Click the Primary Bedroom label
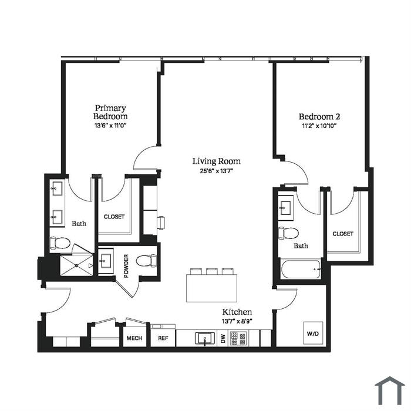point(110,112)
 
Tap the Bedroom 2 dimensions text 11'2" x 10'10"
point(319,126)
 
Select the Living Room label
point(217,161)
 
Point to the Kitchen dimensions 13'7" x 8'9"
point(237,321)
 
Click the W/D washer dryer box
point(313,333)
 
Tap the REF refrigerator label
point(163,338)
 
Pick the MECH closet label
point(134,338)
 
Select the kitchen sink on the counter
point(205,338)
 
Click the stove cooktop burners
point(238,338)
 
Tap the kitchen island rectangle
point(211,288)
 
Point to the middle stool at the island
point(211,271)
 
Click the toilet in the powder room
point(147,261)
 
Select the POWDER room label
point(126,266)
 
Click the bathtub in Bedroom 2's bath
point(301,269)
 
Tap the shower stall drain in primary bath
point(76,265)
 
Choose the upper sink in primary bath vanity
point(57,188)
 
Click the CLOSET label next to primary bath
point(114,217)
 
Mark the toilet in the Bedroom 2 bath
point(288,233)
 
